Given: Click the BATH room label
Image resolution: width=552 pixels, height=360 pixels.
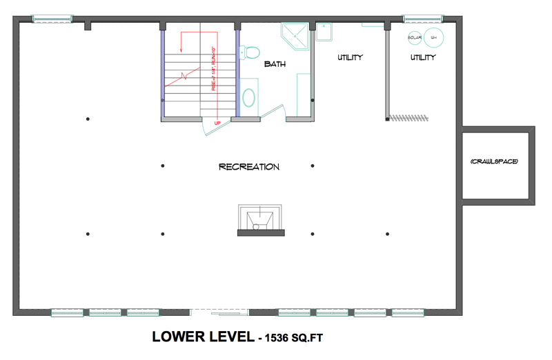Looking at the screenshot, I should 275,64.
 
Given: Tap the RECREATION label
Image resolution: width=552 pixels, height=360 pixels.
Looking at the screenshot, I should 249,167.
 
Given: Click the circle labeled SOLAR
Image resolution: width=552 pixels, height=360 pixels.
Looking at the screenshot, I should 414,37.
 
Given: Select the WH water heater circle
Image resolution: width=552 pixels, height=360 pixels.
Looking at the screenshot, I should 434,37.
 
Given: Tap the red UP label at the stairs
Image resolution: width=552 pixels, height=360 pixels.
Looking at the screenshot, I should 217,123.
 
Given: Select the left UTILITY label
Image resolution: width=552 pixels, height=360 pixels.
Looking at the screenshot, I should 350,57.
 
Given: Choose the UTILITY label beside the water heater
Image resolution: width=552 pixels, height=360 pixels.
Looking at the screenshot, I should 423,57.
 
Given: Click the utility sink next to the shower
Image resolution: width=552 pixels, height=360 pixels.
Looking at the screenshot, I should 324,32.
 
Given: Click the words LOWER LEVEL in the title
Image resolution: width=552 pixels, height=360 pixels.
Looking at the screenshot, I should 201,337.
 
